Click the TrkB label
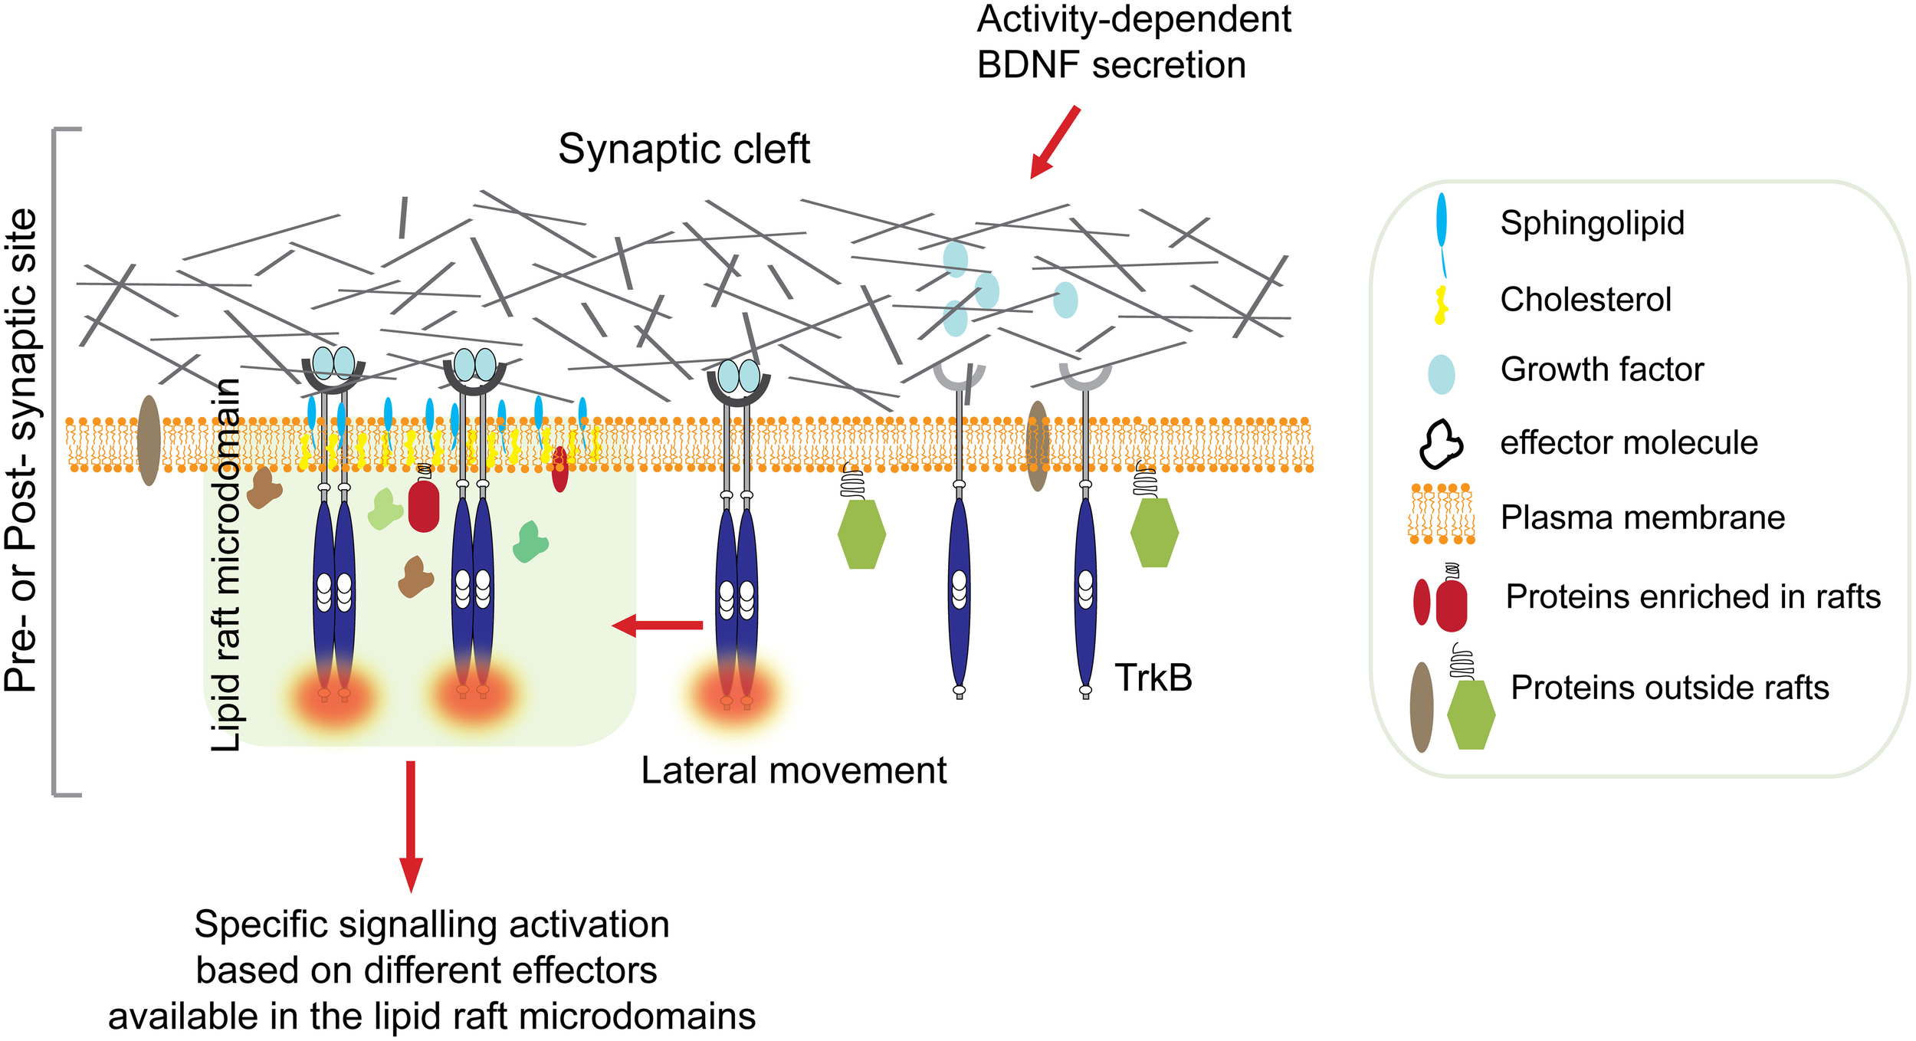(1153, 678)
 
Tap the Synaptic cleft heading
(684, 149)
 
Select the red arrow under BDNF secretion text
(1055, 143)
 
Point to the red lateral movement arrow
(658, 626)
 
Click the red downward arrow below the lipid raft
(411, 825)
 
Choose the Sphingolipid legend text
(1592, 223)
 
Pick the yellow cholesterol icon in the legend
(1441, 305)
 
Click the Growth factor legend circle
(1441, 374)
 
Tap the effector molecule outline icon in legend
(1441, 444)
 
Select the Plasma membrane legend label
(1642, 517)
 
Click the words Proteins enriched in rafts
(1692, 596)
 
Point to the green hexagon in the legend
(1471, 714)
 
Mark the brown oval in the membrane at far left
(149, 440)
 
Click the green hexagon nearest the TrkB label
(1154, 533)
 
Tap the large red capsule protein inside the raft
(424, 506)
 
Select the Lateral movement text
(793, 770)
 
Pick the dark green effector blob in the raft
(530, 542)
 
